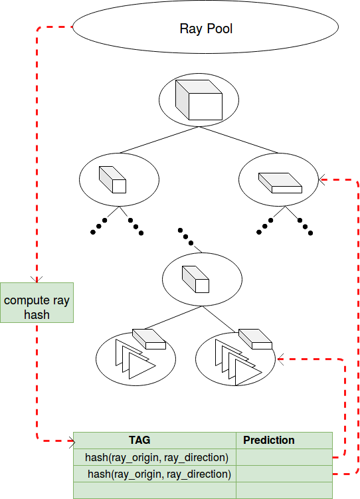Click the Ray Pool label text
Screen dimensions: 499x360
tap(206, 29)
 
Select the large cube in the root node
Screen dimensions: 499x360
tap(198, 100)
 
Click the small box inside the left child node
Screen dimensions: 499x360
tap(112, 179)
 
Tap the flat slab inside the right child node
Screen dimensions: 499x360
tap(279, 182)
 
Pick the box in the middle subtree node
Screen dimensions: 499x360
tap(196, 279)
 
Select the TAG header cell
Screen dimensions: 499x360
tap(139, 440)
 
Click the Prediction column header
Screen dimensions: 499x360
tap(269, 440)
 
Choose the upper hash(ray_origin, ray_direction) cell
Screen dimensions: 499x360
tap(157, 457)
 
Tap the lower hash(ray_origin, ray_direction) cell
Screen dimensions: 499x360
tap(159, 474)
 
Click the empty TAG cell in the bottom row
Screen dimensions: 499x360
tap(154, 490)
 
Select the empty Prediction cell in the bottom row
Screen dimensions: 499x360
tap(284, 490)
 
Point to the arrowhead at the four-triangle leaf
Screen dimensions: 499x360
tap(280, 359)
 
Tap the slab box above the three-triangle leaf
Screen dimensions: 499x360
tap(149, 338)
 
